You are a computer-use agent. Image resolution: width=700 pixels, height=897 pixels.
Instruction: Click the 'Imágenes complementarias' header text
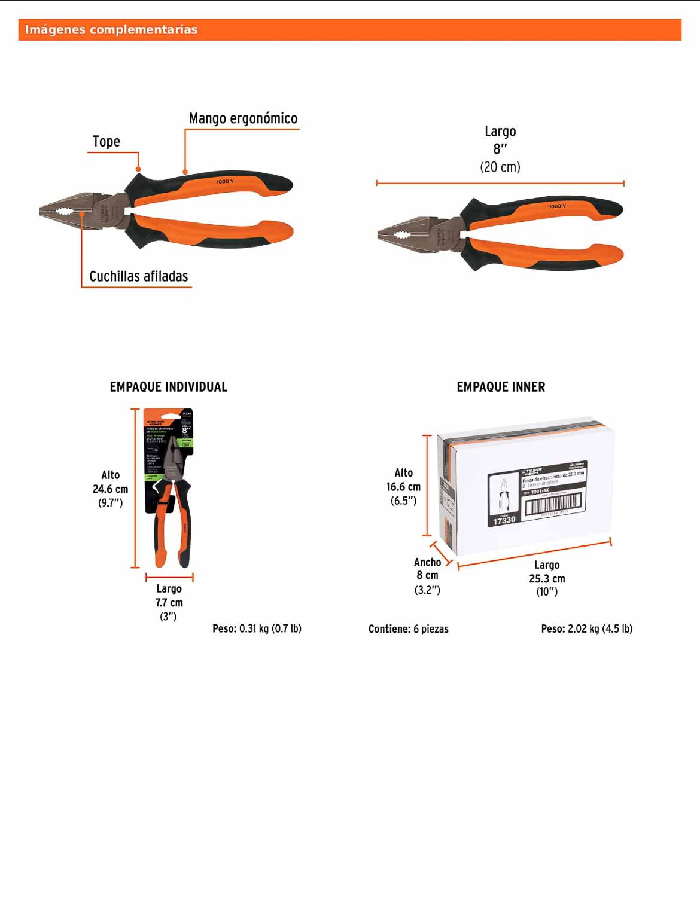(111, 30)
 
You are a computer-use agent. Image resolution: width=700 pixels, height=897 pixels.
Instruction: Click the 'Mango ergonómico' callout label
(243, 118)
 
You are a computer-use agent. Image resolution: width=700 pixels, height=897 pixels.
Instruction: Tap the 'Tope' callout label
(106, 142)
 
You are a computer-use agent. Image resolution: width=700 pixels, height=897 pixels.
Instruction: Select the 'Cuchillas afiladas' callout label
(139, 276)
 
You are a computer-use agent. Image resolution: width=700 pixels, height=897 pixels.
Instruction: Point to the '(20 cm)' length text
(500, 167)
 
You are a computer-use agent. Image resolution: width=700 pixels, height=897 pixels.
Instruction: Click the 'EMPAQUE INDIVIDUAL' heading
(169, 387)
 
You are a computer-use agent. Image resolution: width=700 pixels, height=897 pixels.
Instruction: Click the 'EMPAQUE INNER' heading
(501, 387)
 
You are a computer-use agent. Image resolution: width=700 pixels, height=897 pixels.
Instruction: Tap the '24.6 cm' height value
(110, 489)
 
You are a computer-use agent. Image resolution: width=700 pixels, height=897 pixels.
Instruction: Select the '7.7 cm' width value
(169, 602)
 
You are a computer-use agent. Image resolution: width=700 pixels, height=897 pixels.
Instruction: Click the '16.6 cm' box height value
(403, 487)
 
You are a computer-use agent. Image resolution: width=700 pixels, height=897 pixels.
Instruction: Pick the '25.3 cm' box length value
(547, 578)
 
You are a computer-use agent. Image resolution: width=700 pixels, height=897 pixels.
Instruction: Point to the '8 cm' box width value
(427, 575)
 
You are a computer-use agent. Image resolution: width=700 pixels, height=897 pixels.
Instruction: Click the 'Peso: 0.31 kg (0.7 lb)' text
(257, 628)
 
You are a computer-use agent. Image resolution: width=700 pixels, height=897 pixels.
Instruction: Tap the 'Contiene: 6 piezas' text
(408, 628)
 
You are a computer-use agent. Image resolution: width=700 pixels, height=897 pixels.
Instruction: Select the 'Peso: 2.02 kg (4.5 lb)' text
(586, 628)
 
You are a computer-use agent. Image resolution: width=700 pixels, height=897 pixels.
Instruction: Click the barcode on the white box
(553, 504)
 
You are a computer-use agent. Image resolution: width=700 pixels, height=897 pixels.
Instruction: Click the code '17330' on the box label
(504, 520)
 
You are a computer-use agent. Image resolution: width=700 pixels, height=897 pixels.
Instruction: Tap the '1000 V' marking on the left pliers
(225, 181)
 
